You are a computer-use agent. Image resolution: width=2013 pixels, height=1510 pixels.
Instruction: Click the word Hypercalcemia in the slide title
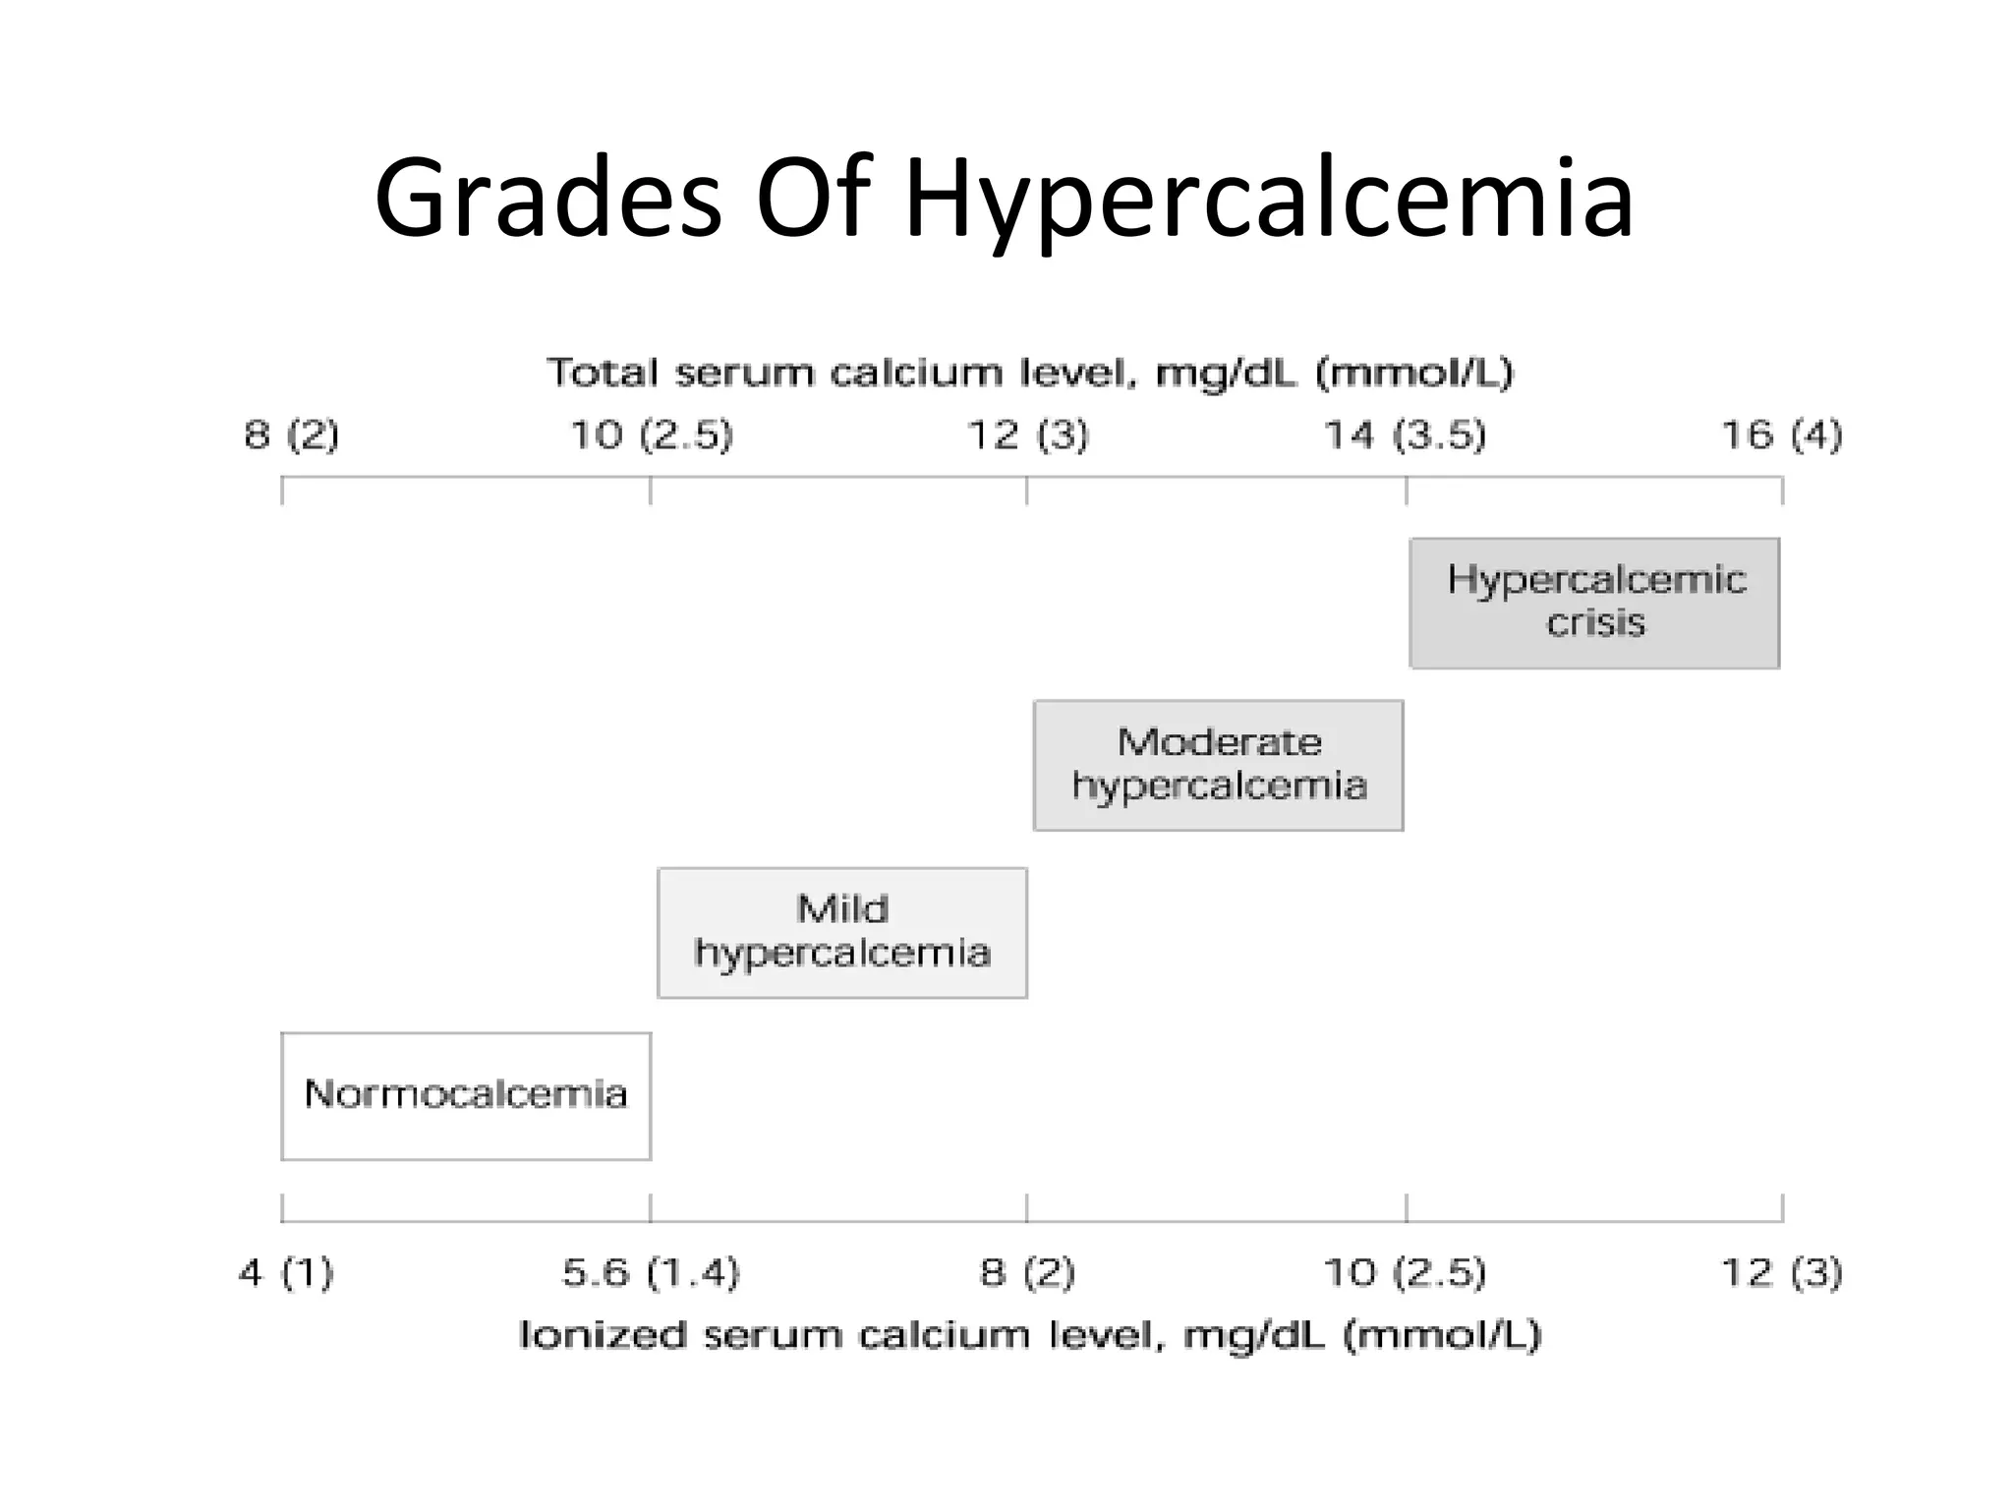pyautogui.click(x=1268, y=202)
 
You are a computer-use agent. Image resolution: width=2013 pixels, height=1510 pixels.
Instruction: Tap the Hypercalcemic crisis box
pyautogui.click(x=1594, y=603)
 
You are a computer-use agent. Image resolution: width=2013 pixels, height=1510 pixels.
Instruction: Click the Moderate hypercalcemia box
pyautogui.click(x=1218, y=765)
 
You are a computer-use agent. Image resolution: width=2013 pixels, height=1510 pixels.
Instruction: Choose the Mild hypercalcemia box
pyautogui.click(x=842, y=932)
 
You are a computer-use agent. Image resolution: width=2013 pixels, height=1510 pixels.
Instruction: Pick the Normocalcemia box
pyautogui.click(x=466, y=1095)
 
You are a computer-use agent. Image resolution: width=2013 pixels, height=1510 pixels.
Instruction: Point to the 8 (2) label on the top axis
pyautogui.click(x=291, y=435)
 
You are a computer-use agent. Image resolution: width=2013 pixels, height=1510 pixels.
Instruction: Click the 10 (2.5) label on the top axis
pyautogui.click(x=652, y=435)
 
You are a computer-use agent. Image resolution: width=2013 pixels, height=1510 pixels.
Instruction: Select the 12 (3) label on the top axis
pyautogui.click(x=1028, y=435)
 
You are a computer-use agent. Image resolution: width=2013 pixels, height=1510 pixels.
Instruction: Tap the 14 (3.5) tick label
pyautogui.click(x=1405, y=435)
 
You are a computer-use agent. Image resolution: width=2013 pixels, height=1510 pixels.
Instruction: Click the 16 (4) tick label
pyautogui.click(x=1781, y=435)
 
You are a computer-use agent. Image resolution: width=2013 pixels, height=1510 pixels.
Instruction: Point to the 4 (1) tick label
pyautogui.click(x=286, y=1273)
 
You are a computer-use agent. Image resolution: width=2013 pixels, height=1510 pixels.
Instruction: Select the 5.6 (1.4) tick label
pyautogui.click(x=650, y=1273)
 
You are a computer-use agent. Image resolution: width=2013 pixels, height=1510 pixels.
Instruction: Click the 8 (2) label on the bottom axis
pyautogui.click(x=1027, y=1273)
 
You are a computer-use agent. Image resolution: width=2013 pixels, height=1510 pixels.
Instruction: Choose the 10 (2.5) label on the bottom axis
pyautogui.click(x=1405, y=1273)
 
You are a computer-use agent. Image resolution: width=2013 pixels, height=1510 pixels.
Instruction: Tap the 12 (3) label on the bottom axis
pyautogui.click(x=1781, y=1273)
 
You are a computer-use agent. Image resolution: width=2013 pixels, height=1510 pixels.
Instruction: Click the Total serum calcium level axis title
pyautogui.click(x=1029, y=374)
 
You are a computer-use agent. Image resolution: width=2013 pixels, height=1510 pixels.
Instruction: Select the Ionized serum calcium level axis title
pyautogui.click(x=1029, y=1335)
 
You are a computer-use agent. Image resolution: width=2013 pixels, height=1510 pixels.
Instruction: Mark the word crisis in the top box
pyautogui.click(x=1595, y=623)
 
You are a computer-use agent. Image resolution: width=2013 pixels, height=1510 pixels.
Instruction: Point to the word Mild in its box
pyautogui.click(x=842, y=908)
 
